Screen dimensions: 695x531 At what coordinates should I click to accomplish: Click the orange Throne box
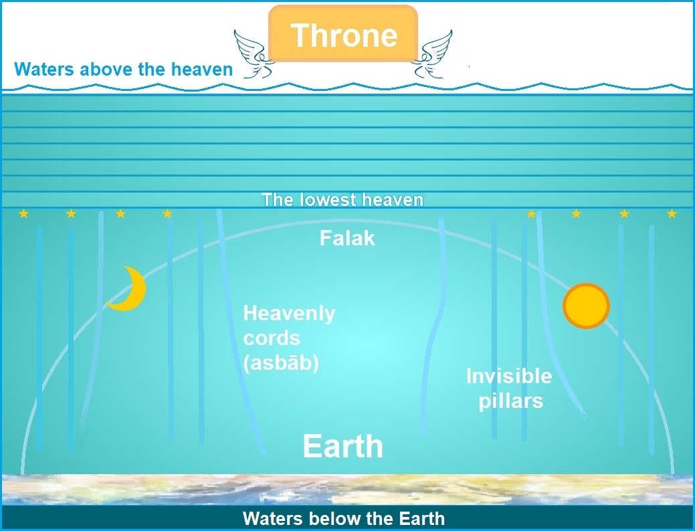tap(343, 33)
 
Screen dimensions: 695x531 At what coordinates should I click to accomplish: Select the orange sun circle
tap(586, 306)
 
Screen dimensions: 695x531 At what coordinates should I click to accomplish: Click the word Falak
tap(347, 239)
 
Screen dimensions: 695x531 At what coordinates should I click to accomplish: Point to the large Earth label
tap(342, 446)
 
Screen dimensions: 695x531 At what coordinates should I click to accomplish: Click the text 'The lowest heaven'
tap(342, 199)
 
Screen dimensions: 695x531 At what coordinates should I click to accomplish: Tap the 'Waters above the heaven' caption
tap(124, 69)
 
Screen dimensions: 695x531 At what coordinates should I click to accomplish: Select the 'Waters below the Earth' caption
tap(344, 518)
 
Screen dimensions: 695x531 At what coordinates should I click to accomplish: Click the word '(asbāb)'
tap(281, 363)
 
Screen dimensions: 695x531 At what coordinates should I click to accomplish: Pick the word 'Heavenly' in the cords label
tap(289, 314)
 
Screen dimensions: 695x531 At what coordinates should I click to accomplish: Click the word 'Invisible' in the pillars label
tap(509, 376)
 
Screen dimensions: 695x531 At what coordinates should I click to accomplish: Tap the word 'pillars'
tap(510, 401)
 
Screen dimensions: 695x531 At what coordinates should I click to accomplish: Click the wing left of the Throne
tap(254, 55)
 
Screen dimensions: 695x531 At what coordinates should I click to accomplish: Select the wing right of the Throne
tap(431, 54)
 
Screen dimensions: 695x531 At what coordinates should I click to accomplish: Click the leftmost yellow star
tap(23, 214)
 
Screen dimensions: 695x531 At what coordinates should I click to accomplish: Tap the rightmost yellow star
tap(672, 213)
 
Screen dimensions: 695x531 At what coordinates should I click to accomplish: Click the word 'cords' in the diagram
tap(272, 338)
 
